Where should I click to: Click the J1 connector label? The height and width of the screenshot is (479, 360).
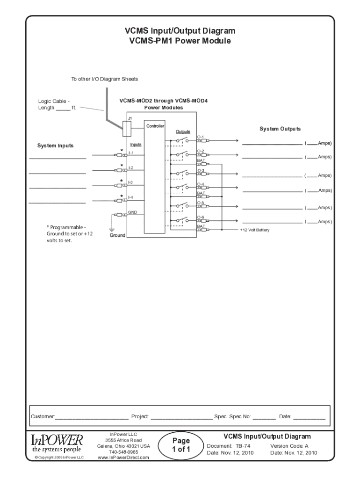pyautogui.click(x=130, y=118)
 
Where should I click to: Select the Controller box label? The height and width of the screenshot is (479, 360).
pyautogui.click(x=154, y=126)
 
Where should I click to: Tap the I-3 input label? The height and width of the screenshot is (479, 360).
pyautogui.click(x=131, y=182)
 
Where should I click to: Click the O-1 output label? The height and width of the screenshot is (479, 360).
pyautogui.click(x=200, y=137)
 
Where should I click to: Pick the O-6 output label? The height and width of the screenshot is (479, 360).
pyautogui.click(x=200, y=217)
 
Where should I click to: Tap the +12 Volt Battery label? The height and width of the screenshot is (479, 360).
pyautogui.click(x=255, y=230)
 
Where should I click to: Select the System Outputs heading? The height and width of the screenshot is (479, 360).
pyautogui.click(x=280, y=129)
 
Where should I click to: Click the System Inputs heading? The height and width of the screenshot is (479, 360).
pyautogui.click(x=55, y=146)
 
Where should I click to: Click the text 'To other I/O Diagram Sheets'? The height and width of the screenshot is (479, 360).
pyautogui.click(x=104, y=79)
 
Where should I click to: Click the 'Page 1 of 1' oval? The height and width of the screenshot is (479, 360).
pyautogui.click(x=180, y=445)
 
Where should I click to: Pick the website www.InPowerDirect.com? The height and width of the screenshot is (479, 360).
pyautogui.click(x=123, y=458)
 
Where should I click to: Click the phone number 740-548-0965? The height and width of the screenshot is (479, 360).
pyautogui.click(x=123, y=452)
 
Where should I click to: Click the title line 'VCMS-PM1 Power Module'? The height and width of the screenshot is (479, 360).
pyautogui.click(x=180, y=41)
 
